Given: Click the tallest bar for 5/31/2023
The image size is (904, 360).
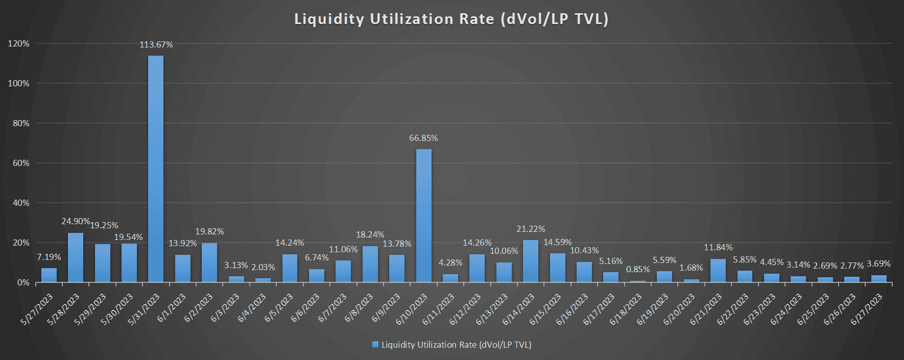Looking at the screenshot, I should click(156, 169).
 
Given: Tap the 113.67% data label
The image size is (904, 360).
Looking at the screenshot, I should click(156, 45).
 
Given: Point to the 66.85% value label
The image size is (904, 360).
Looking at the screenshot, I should click(423, 138).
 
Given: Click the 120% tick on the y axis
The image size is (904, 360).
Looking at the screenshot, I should click(19, 44).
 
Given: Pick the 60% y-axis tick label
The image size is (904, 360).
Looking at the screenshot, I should click(21, 163).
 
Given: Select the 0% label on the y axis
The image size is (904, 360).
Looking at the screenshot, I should click(23, 283).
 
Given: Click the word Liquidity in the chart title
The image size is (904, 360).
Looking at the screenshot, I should click(329, 19).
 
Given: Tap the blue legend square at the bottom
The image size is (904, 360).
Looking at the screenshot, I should click(375, 345).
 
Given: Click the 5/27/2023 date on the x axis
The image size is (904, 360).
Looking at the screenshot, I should click(37, 309).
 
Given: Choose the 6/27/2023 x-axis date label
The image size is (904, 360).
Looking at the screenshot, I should click(867, 309).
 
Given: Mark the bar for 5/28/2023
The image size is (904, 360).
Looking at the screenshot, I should click(76, 258).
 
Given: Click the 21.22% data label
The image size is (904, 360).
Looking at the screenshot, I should click(531, 229).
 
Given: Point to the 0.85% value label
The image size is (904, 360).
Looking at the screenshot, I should click(638, 270).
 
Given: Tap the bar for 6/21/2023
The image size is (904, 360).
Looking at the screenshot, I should click(718, 271).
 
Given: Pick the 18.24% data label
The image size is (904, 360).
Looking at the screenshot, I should click(370, 235).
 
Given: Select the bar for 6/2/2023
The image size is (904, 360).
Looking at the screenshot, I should click(209, 262).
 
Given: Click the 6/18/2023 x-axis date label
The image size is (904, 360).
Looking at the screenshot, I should click(626, 309).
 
